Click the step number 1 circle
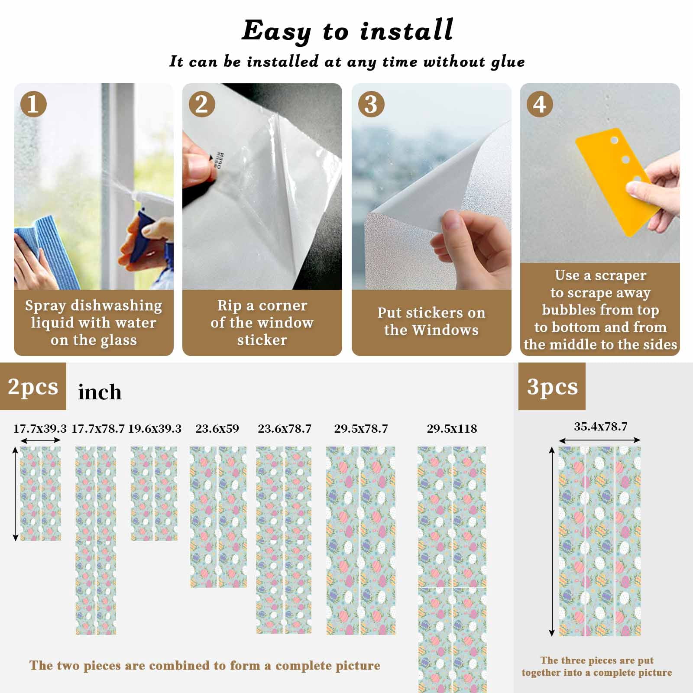(x=33, y=104)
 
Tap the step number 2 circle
(x=202, y=104)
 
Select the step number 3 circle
(x=371, y=104)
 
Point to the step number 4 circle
(x=540, y=104)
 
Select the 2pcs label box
(x=33, y=386)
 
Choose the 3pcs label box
(x=552, y=386)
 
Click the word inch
(x=100, y=392)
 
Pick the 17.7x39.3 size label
(x=40, y=429)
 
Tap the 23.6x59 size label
(x=217, y=429)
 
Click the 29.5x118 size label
(x=452, y=429)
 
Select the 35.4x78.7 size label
(x=601, y=427)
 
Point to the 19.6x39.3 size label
(x=155, y=429)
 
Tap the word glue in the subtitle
(x=508, y=62)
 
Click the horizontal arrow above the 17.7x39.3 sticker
(x=40, y=440)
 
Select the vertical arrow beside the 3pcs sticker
(x=551, y=541)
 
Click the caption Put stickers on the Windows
(x=431, y=321)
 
